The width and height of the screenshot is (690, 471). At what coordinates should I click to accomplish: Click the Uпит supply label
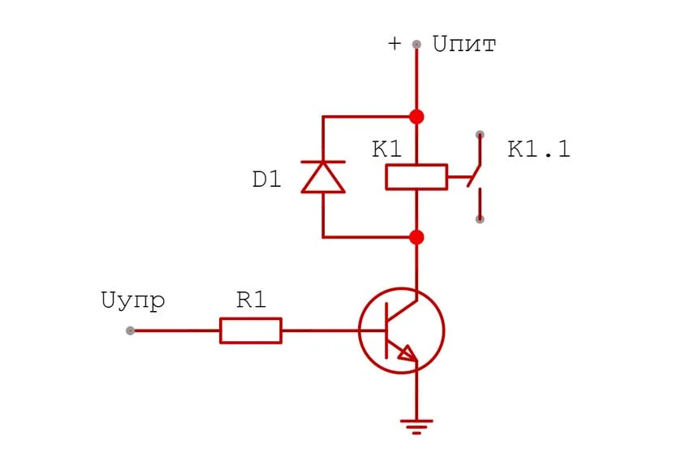pos(464,44)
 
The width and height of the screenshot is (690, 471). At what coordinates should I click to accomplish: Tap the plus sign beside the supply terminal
pos(395,44)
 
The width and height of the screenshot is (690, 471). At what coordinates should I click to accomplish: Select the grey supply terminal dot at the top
pos(416,45)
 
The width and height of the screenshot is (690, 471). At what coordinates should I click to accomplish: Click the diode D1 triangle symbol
pos(323,177)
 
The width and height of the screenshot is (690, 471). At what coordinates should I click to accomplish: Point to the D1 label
pos(266,179)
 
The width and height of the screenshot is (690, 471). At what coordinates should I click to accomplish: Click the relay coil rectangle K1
pos(416,176)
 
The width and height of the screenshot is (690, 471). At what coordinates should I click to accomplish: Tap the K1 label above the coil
pos(386,150)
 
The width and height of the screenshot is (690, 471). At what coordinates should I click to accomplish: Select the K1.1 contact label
pos(539,150)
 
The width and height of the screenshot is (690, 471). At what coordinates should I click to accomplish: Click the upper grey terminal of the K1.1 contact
pos(480,135)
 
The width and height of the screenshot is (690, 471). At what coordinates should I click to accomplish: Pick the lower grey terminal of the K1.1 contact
pos(480,218)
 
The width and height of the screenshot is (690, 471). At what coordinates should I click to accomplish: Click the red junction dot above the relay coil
pos(416,117)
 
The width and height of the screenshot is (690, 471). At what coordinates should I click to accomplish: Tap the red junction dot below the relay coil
pos(416,237)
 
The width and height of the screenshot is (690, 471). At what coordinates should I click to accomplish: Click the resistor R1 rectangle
pos(251,331)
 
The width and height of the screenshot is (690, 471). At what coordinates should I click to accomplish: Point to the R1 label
pos(251,300)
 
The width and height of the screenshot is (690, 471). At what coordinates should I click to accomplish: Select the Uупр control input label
pos(134,300)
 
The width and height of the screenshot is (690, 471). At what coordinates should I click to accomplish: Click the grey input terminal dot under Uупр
pos(130,331)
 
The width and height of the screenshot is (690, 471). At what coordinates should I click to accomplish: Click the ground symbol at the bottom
pos(416,423)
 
